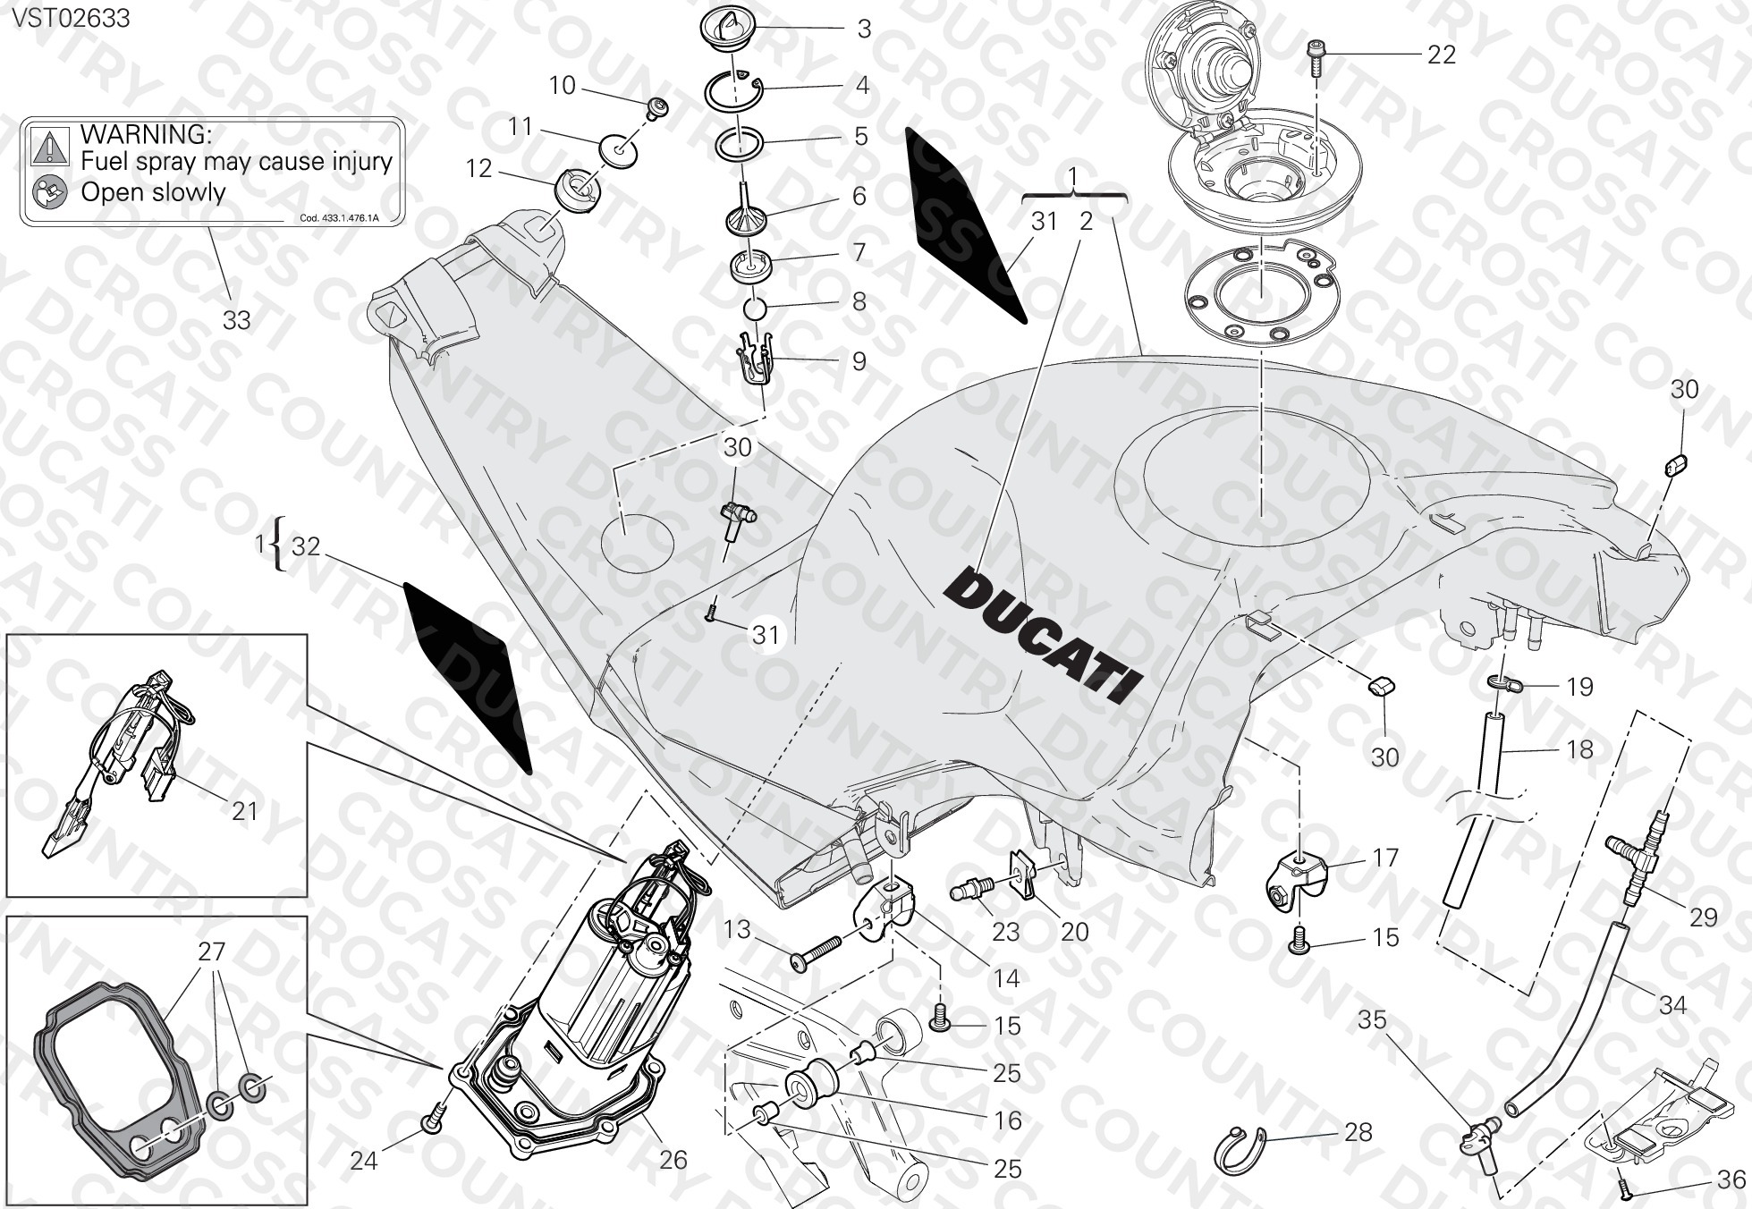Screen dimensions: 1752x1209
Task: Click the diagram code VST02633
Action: (70, 18)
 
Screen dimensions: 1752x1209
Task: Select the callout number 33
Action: (236, 319)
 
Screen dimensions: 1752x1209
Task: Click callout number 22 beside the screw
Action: (1441, 55)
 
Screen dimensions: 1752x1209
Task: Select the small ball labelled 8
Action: (756, 308)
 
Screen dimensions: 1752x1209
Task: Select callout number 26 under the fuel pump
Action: (673, 1160)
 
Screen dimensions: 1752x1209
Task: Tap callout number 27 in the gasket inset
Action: (211, 951)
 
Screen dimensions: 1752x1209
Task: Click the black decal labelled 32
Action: (468, 676)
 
